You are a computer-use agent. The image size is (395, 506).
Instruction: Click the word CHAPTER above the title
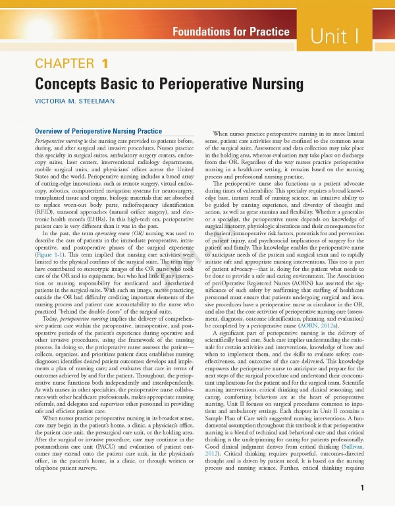coord(63,64)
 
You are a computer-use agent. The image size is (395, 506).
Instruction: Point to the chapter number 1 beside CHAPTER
coord(105,64)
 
